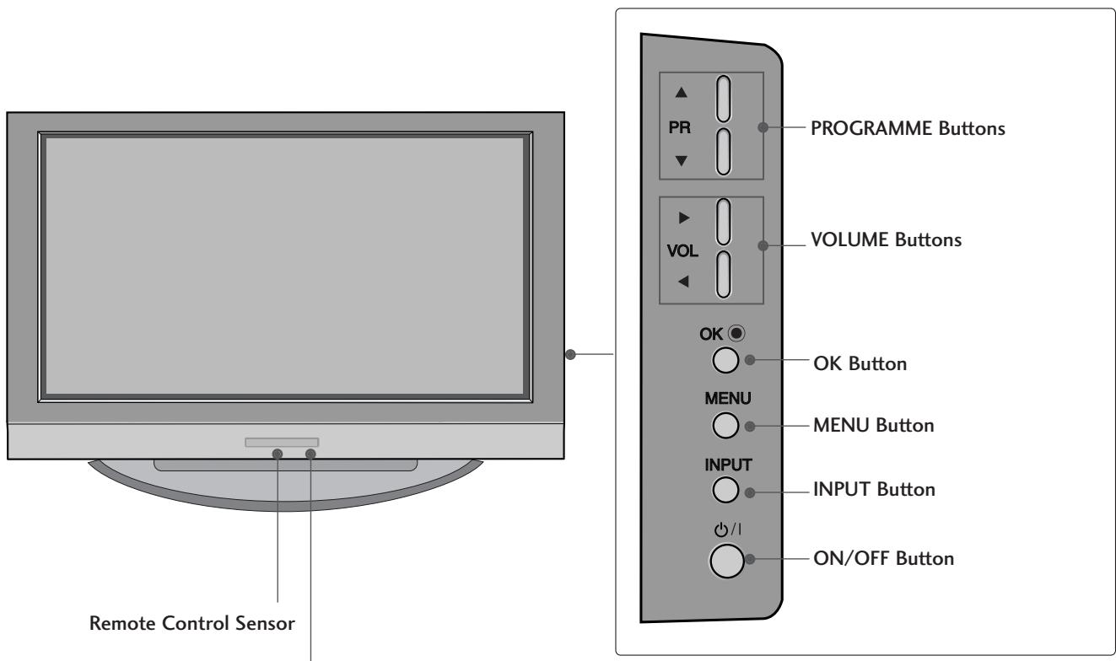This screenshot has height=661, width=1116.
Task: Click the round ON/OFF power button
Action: (727, 559)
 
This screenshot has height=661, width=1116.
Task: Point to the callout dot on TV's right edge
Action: (573, 353)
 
